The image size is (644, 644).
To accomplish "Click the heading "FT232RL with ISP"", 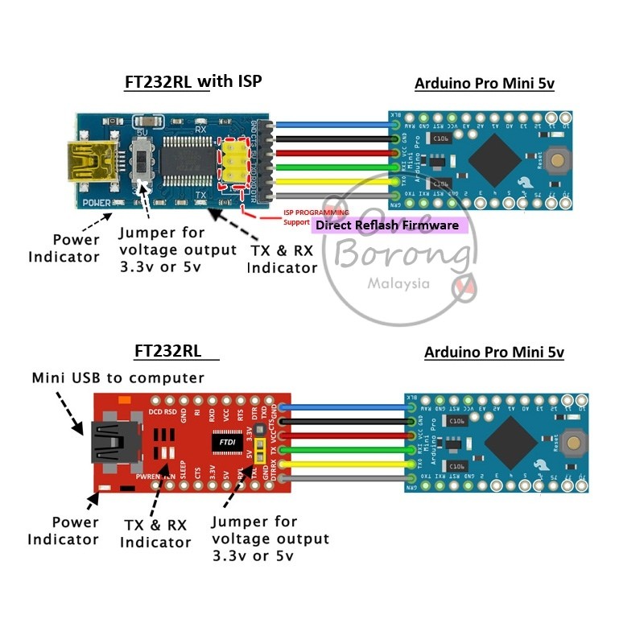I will coord(193,82).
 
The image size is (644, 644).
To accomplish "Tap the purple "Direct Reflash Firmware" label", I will coord(386,225).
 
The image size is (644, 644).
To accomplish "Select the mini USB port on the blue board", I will coord(91,159).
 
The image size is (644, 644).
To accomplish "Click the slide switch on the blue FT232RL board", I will coord(144,159).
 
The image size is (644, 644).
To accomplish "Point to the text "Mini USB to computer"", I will coord(118,378).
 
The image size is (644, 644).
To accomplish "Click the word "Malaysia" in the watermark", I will coord(398,283).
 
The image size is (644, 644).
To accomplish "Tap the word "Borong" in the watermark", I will coord(402,256).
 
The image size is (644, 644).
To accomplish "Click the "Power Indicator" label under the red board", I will coord(64,530).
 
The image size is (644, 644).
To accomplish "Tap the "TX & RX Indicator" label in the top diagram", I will coord(282,259).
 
